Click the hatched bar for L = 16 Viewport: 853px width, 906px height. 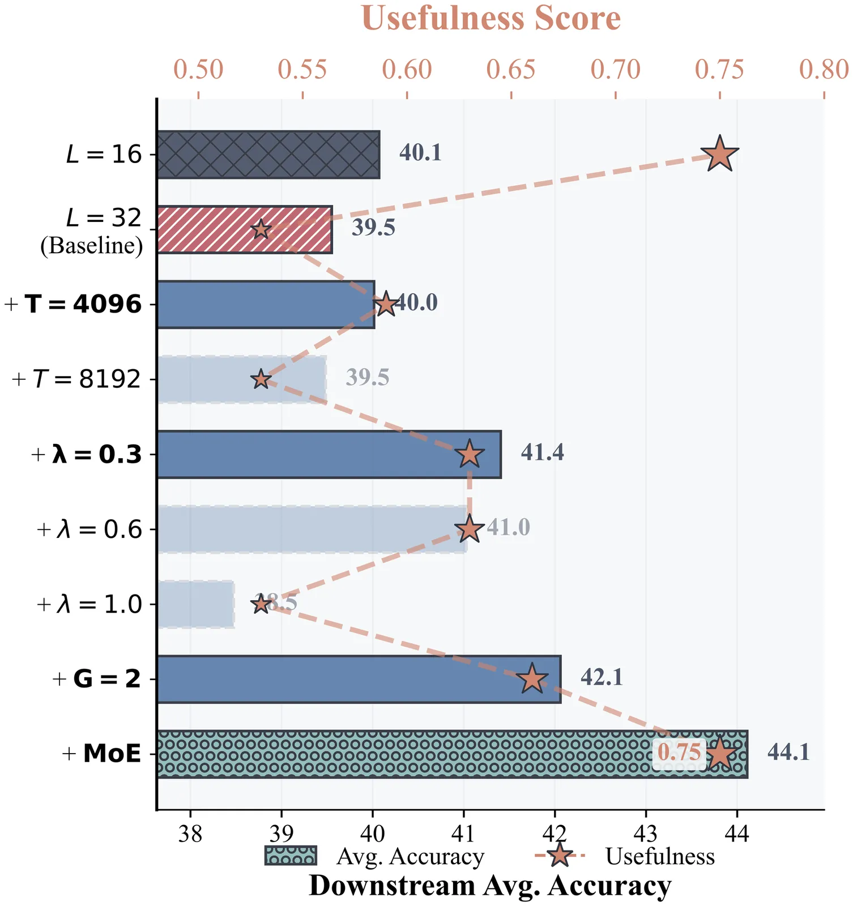coord(268,155)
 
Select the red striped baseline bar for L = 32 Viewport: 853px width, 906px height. coord(244,229)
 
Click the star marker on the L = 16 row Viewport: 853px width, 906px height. coord(719,155)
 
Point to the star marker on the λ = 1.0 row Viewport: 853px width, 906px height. coord(261,604)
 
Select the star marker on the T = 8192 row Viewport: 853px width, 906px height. coord(261,379)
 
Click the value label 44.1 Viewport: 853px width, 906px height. coord(788,753)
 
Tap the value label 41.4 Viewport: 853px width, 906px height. coord(542,453)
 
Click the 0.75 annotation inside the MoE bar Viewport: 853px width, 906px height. coord(679,753)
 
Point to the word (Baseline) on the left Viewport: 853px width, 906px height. coord(91,246)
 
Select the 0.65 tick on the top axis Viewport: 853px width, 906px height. coord(511,70)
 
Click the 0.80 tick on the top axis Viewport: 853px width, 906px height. coord(824,70)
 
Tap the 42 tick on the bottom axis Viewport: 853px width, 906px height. coord(555,833)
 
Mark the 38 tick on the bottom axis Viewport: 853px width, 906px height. coord(190,833)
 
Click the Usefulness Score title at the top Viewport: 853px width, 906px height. coord(491,18)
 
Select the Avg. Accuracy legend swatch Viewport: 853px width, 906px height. coord(290,856)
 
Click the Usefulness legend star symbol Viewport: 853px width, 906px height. coord(560,856)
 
